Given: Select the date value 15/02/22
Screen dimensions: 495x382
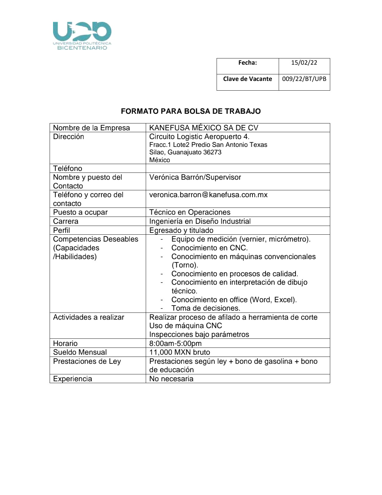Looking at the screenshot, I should (x=304, y=62).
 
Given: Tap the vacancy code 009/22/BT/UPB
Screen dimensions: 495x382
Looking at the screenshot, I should (x=304, y=79).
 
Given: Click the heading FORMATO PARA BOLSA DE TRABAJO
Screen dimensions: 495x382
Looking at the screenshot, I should (x=191, y=111).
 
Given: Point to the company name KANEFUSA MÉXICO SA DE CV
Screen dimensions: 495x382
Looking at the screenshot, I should (x=203, y=128).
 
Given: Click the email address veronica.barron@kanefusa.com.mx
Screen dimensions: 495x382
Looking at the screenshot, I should (x=208, y=195).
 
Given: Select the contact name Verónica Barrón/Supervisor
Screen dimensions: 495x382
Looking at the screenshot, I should (x=195, y=177).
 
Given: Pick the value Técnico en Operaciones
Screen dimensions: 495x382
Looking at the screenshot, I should (x=190, y=212).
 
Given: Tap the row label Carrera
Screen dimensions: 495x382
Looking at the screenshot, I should (x=66, y=221).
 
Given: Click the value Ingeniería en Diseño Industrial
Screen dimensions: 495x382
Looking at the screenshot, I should (x=200, y=221).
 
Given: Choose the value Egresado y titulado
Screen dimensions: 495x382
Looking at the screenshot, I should (x=181, y=230).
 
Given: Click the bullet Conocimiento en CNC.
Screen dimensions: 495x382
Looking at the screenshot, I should (x=209, y=248).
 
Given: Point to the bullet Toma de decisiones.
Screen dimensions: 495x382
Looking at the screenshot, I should (x=206, y=308).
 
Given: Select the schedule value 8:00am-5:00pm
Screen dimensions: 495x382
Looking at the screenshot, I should (x=175, y=343).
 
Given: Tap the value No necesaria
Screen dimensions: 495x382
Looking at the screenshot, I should (x=171, y=379).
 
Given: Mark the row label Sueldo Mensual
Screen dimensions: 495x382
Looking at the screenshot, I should (x=80, y=352).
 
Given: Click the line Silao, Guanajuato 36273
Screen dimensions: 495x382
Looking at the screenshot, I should (x=185, y=152).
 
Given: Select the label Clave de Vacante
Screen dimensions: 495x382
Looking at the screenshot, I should (x=247, y=79).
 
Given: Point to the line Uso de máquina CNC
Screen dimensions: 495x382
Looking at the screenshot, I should (x=185, y=326).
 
